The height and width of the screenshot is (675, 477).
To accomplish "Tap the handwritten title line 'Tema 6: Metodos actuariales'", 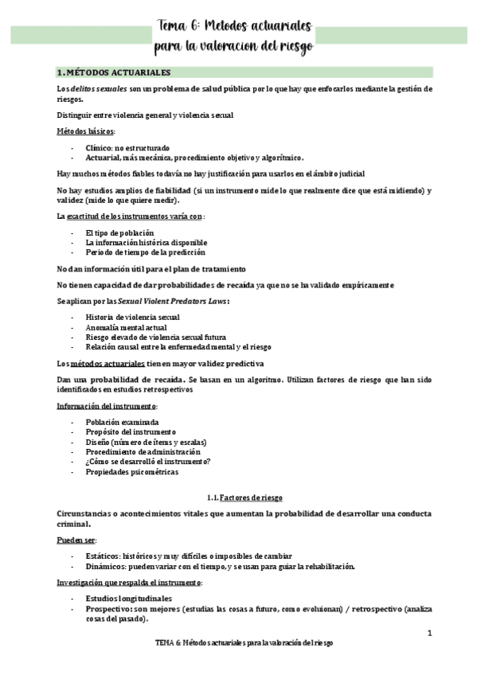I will coord(234,28).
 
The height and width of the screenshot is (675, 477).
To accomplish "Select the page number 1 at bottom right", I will coord(429,633).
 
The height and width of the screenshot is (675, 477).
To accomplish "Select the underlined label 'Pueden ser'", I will coord(76,540).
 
